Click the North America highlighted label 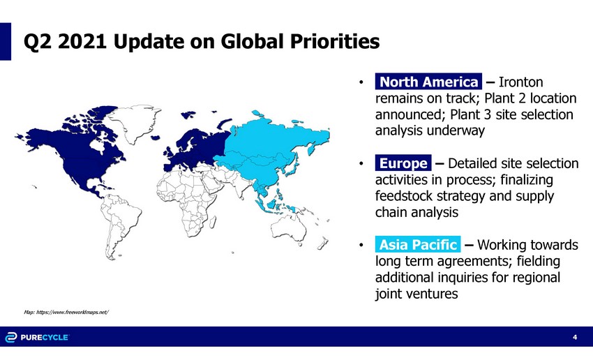(428, 82)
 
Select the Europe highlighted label (403, 163)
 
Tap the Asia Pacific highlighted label (418, 244)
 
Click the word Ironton (520, 82)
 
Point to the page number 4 (576, 337)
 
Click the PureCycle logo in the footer (37, 337)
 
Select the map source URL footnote (66, 312)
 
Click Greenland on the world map (134, 123)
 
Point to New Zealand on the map (322, 243)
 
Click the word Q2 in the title (37, 41)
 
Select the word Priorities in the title (335, 41)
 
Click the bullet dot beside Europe (361, 164)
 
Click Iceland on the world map (155, 137)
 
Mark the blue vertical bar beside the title (6, 41)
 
